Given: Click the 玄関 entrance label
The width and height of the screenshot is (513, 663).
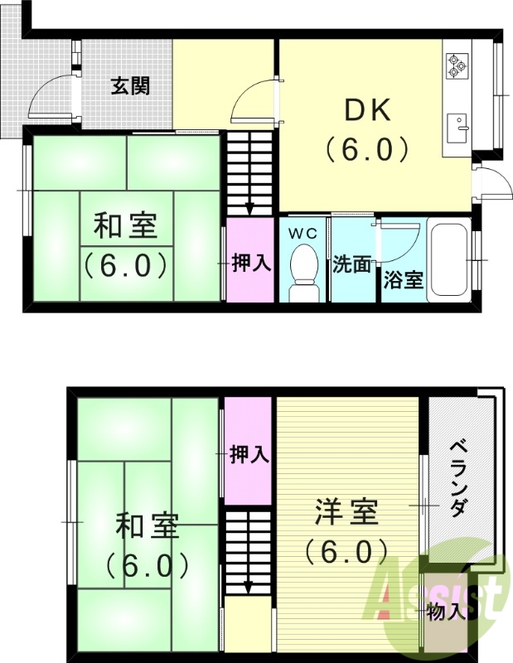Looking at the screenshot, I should click(130, 85).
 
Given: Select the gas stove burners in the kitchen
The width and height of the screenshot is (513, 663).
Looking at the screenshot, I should click(457, 65).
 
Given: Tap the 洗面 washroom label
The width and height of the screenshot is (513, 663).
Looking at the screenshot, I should click(351, 264).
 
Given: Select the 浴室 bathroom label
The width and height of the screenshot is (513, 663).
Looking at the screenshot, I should click(404, 280).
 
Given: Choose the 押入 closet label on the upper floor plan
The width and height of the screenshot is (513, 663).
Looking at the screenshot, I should click(249, 264).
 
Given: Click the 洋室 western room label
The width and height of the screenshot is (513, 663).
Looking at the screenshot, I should click(346, 512).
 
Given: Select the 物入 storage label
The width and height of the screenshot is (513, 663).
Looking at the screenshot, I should click(445, 612).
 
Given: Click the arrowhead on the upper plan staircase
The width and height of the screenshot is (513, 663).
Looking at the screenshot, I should click(249, 208).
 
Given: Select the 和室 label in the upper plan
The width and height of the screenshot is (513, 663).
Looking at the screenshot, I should click(125, 225).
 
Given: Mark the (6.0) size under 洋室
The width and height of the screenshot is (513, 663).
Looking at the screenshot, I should click(346, 549).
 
